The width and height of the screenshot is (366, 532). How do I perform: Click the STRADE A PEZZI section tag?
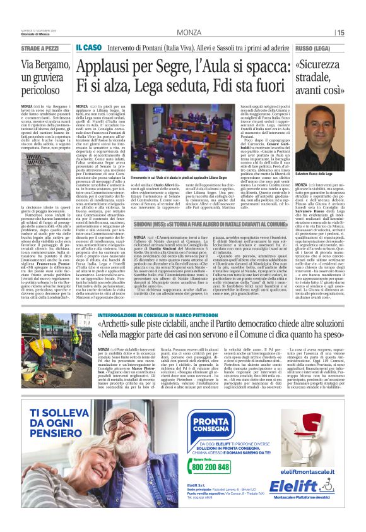40,47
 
